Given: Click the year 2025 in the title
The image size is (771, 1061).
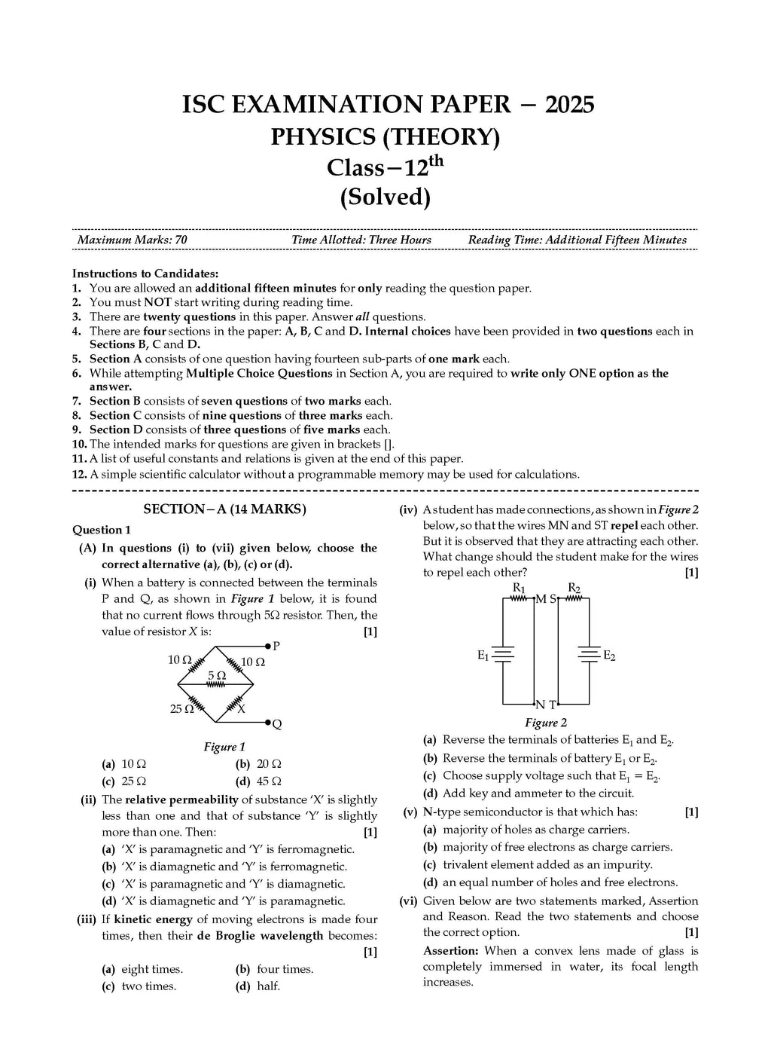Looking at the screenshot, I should (x=568, y=105).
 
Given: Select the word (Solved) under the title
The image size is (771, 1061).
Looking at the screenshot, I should (x=385, y=197).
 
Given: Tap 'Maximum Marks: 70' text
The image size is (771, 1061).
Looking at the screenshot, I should (x=133, y=240).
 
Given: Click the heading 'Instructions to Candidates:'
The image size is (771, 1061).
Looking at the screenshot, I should (x=145, y=274).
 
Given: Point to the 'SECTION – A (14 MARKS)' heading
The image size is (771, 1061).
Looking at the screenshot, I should (x=224, y=509).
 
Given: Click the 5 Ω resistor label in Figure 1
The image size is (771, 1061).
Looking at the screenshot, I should (x=217, y=675).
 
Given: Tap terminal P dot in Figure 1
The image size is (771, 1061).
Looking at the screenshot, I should (x=268, y=647).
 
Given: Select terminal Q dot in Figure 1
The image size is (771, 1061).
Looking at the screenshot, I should (x=268, y=723).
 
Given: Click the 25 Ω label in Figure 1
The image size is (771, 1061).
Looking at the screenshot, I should (x=181, y=709).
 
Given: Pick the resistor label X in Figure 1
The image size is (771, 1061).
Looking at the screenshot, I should (x=241, y=709).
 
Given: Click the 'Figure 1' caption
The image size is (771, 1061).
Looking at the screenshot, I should (x=224, y=747).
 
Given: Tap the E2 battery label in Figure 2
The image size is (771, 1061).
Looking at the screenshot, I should (x=609, y=656).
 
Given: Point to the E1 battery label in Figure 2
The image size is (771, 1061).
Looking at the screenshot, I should (x=483, y=656).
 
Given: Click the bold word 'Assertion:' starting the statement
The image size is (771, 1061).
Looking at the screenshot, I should (x=450, y=951).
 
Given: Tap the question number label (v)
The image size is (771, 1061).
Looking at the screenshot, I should (x=410, y=812).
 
